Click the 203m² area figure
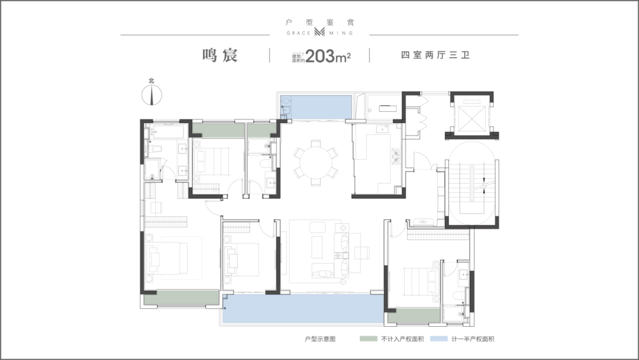(328, 56)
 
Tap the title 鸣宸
(220, 55)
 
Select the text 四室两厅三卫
(435, 55)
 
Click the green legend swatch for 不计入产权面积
(369, 339)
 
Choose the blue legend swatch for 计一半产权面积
(438, 339)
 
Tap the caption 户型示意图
(320, 339)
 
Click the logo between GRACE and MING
(319, 32)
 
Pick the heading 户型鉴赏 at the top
(320, 22)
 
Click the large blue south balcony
(304, 309)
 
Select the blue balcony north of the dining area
(316, 107)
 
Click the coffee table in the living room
(317, 247)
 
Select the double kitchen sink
(395, 156)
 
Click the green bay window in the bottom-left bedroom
(182, 298)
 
